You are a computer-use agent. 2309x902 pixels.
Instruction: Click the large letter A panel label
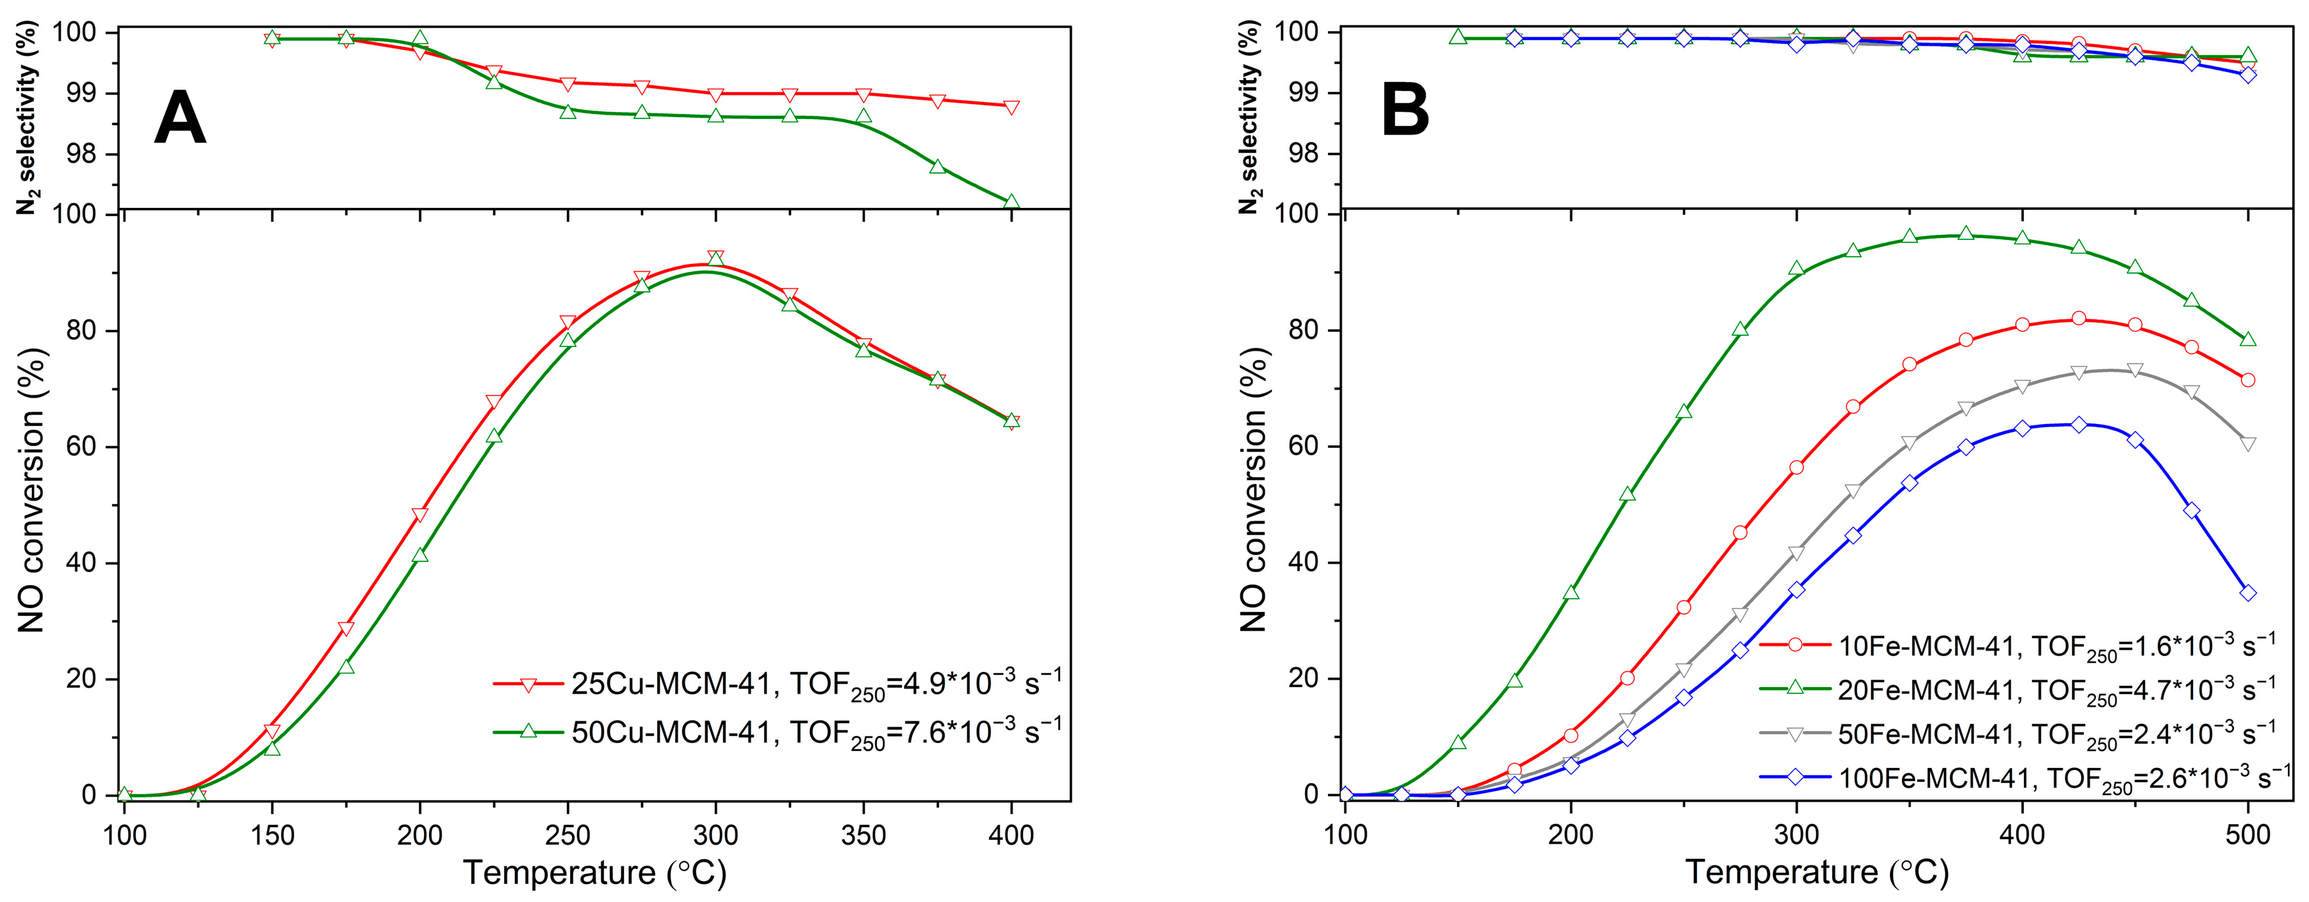point(180,118)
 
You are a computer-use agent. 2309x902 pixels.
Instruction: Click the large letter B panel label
point(1404,111)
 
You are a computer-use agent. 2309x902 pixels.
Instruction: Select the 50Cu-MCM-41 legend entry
point(776,732)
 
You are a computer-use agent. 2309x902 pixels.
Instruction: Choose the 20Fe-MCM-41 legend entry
point(2017,690)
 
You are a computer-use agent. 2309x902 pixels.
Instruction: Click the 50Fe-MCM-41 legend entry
point(2017,734)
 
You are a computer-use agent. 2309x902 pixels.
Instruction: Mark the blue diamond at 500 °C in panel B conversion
point(2247,593)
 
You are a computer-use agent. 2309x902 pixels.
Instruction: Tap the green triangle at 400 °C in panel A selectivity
point(1012,202)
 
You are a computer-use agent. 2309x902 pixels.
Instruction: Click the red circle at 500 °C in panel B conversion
point(2247,380)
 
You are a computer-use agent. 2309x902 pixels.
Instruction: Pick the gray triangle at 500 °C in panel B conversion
point(2247,444)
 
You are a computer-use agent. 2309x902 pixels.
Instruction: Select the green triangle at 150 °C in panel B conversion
point(1458,742)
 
